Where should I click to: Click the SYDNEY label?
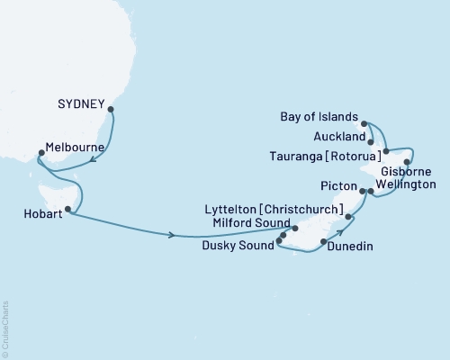point(83,103)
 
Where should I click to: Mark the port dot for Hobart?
point(68,210)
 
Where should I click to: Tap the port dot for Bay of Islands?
point(364,122)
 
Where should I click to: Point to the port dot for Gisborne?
point(407,163)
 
